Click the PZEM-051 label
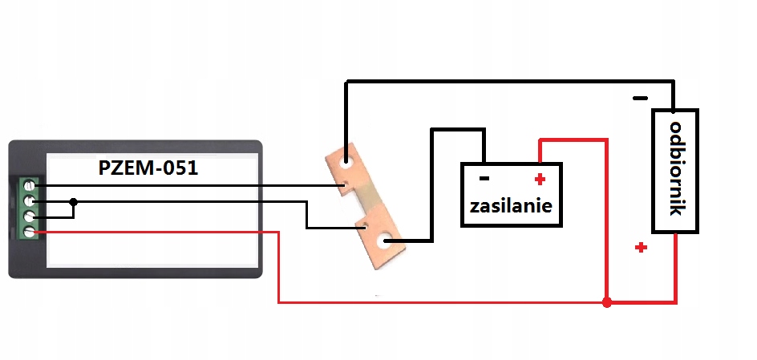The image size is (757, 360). pyautogui.click(x=148, y=169)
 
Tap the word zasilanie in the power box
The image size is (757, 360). pyautogui.click(x=511, y=205)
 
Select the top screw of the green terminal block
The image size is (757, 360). pyautogui.click(x=30, y=185)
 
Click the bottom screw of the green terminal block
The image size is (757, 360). pyautogui.click(x=30, y=232)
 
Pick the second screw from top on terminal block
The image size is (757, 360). pyautogui.click(x=30, y=200)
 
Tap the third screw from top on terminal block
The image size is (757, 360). pyautogui.click(x=30, y=216)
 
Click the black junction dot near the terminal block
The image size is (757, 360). pyautogui.click(x=73, y=201)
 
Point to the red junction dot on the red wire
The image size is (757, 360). pyautogui.click(x=607, y=303)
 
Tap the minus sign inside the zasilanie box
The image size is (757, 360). pyautogui.click(x=484, y=178)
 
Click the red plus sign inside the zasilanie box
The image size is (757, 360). pyautogui.click(x=540, y=178)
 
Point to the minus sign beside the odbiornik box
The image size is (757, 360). pyautogui.click(x=640, y=98)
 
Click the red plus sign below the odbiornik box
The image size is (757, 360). pyautogui.click(x=640, y=248)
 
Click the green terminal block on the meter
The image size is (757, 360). pyautogui.click(x=30, y=208)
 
